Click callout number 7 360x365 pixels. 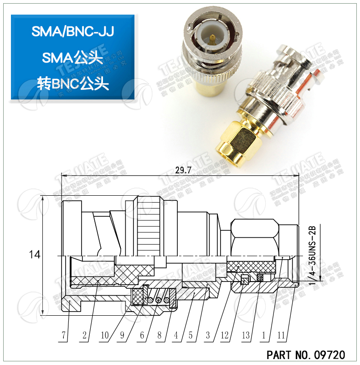pos(64,336)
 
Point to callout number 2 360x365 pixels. pos(84,336)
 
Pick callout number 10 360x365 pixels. pos(105,336)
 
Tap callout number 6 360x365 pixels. pos(142,336)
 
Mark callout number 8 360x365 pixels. pos(159,336)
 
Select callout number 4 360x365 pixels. pos(175,336)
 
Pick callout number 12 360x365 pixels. pos(226,336)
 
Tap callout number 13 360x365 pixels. pos(246,336)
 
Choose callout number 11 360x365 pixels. pos(281,336)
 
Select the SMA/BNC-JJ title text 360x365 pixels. pos(72,31)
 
